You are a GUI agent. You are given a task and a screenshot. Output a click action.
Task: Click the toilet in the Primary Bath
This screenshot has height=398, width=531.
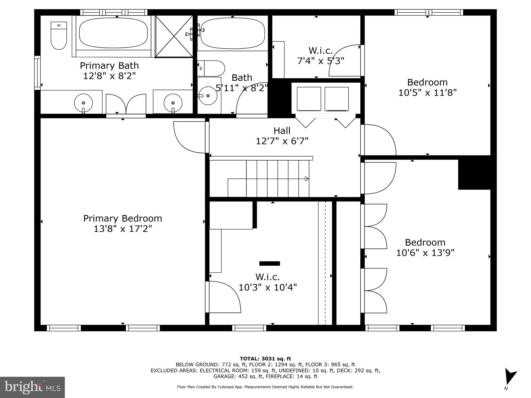[x=59, y=35]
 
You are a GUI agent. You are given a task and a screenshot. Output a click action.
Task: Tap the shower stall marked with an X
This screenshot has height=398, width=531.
[x=174, y=36]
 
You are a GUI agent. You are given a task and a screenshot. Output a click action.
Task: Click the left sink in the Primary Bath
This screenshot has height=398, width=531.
[x=83, y=103]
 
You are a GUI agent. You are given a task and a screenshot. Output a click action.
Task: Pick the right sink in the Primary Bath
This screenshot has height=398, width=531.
[x=173, y=103]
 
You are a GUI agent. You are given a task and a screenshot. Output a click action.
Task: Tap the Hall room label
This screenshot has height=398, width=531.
[x=282, y=131]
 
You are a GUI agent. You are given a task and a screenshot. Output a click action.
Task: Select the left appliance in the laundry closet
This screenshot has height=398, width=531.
[x=309, y=99]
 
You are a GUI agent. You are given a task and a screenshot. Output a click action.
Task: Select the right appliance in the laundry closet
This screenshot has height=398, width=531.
[x=337, y=99]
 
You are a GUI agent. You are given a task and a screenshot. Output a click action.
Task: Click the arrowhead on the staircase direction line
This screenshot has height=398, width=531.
[x=307, y=179]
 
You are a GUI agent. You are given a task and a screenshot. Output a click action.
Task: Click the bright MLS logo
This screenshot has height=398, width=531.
[x=32, y=387]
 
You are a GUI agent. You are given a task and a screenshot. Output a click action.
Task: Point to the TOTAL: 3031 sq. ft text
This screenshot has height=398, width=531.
[x=265, y=359]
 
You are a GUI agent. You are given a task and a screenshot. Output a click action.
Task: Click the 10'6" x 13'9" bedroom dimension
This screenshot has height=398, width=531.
[x=425, y=253]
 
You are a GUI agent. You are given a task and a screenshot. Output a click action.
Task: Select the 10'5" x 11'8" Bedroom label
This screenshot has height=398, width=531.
[x=427, y=87]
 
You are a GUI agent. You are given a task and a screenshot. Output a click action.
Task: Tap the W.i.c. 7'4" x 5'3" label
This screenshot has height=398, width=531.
[x=320, y=56]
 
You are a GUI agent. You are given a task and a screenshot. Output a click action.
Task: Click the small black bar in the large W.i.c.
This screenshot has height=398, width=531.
[x=270, y=264]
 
